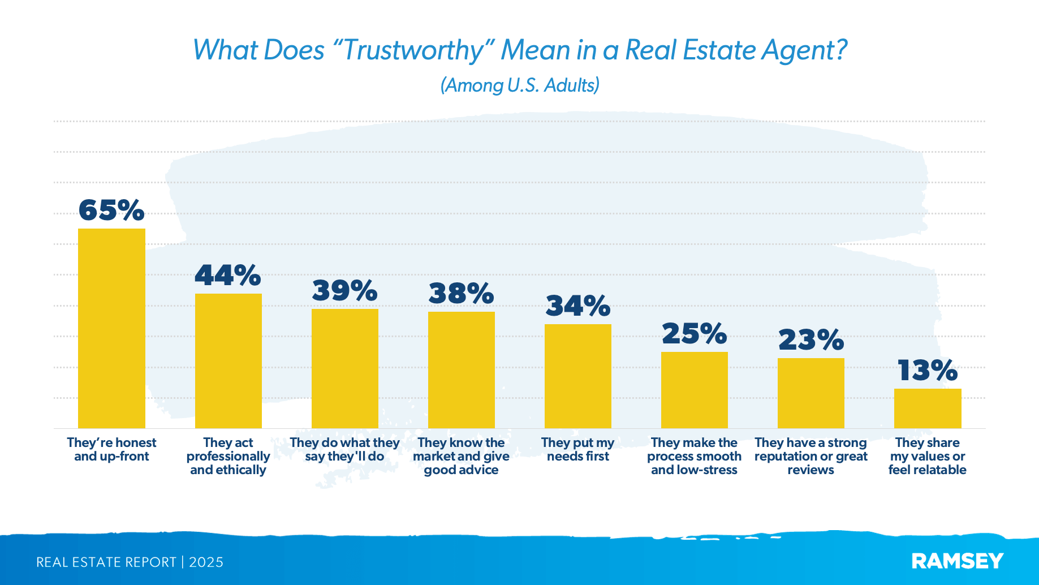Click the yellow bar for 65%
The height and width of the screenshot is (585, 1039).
click(x=111, y=328)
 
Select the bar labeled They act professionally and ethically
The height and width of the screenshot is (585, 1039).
click(x=228, y=361)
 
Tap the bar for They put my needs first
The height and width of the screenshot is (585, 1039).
click(x=577, y=376)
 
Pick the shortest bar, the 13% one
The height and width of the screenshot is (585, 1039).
click(x=927, y=408)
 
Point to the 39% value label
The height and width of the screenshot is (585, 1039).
click(x=344, y=291)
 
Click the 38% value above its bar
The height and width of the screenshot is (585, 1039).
click(x=461, y=294)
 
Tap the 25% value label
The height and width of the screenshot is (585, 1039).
click(x=694, y=334)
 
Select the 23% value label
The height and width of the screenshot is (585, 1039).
click(x=810, y=340)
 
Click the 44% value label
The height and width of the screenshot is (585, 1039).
click(x=228, y=276)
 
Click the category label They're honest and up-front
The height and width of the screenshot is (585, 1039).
click(x=111, y=450)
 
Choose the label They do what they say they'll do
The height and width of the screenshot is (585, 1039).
click(x=344, y=450)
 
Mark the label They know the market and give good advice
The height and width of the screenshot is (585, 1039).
click(x=461, y=456)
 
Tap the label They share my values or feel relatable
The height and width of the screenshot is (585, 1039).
click(x=927, y=456)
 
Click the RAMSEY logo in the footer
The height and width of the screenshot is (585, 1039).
click(x=957, y=561)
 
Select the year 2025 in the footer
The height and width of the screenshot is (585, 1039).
click(x=206, y=562)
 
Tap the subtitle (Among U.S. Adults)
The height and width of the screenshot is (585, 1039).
click(x=520, y=85)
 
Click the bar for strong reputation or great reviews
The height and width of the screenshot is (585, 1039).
click(x=810, y=393)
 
